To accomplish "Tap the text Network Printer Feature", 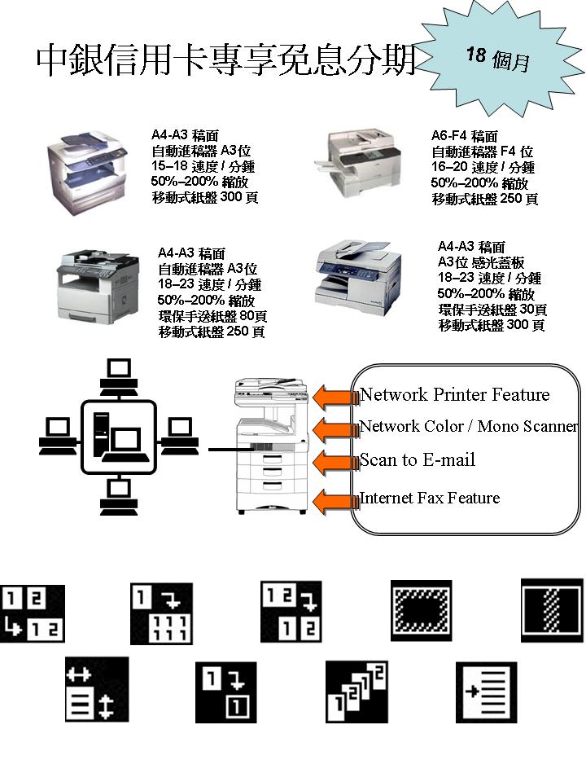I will tap(455, 395).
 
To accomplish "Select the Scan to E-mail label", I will tap(418, 460).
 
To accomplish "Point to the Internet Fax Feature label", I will tap(430, 498).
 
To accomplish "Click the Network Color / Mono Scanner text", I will tap(469, 427).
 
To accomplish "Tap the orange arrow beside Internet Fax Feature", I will tap(332, 499).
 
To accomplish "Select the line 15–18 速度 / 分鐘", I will tap(203, 166).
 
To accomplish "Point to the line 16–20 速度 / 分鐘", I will tap(483, 167).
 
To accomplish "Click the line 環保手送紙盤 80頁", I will tap(212, 316).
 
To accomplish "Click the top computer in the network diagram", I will tap(119, 372).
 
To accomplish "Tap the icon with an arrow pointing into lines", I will tap(485, 691).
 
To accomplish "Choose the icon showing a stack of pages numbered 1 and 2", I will tap(355, 691).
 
